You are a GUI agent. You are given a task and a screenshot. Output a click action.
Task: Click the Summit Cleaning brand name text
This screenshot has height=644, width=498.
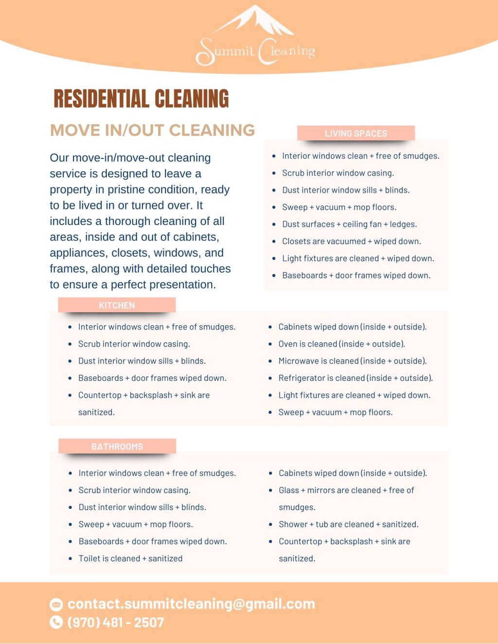click(x=255, y=52)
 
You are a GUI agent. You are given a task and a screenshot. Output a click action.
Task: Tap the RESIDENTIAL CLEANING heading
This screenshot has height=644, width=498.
click(x=141, y=99)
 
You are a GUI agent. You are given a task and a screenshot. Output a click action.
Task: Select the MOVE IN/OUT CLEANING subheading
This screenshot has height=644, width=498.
click(x=152, y=130)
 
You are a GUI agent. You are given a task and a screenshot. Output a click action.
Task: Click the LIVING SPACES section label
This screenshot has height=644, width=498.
click(x=356, y=133)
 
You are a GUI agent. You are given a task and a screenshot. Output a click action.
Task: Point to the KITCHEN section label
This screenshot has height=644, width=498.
click(x=117, y=305)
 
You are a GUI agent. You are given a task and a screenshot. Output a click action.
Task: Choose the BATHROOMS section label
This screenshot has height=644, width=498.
click(x=117, y=447)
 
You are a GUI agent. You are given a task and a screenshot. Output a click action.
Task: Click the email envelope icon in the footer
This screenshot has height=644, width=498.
click(x=56, y=604)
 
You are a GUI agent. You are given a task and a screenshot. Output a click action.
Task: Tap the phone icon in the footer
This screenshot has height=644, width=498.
click(x=56, y=622)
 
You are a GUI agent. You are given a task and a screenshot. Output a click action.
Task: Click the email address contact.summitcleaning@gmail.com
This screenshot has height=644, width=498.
click(x=191, y=604)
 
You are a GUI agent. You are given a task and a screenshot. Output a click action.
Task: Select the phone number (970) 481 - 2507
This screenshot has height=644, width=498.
click(x=116, y=622)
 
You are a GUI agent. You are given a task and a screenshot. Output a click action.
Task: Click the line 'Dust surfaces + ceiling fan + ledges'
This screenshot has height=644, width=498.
click(x=349, y=224)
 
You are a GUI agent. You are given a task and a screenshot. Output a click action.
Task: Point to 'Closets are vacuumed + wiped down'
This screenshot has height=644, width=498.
click(x=351, y=241)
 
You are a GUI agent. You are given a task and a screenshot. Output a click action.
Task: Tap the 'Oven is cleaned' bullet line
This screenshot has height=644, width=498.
click(x=341, y=344)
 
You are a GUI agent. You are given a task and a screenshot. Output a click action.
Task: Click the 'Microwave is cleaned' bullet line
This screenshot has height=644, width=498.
click(x=352, y=361)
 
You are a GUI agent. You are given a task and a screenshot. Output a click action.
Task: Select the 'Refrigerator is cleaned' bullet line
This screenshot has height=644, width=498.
click(x=355, y=378)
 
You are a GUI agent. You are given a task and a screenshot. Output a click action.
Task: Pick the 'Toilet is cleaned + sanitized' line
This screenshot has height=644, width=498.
click(x=130, y=558)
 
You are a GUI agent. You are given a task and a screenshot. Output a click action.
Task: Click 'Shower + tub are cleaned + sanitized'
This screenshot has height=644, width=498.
click(x=348, y=524)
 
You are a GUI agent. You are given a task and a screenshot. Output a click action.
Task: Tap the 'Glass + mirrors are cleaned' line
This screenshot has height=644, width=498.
click(x=346, y=490)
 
